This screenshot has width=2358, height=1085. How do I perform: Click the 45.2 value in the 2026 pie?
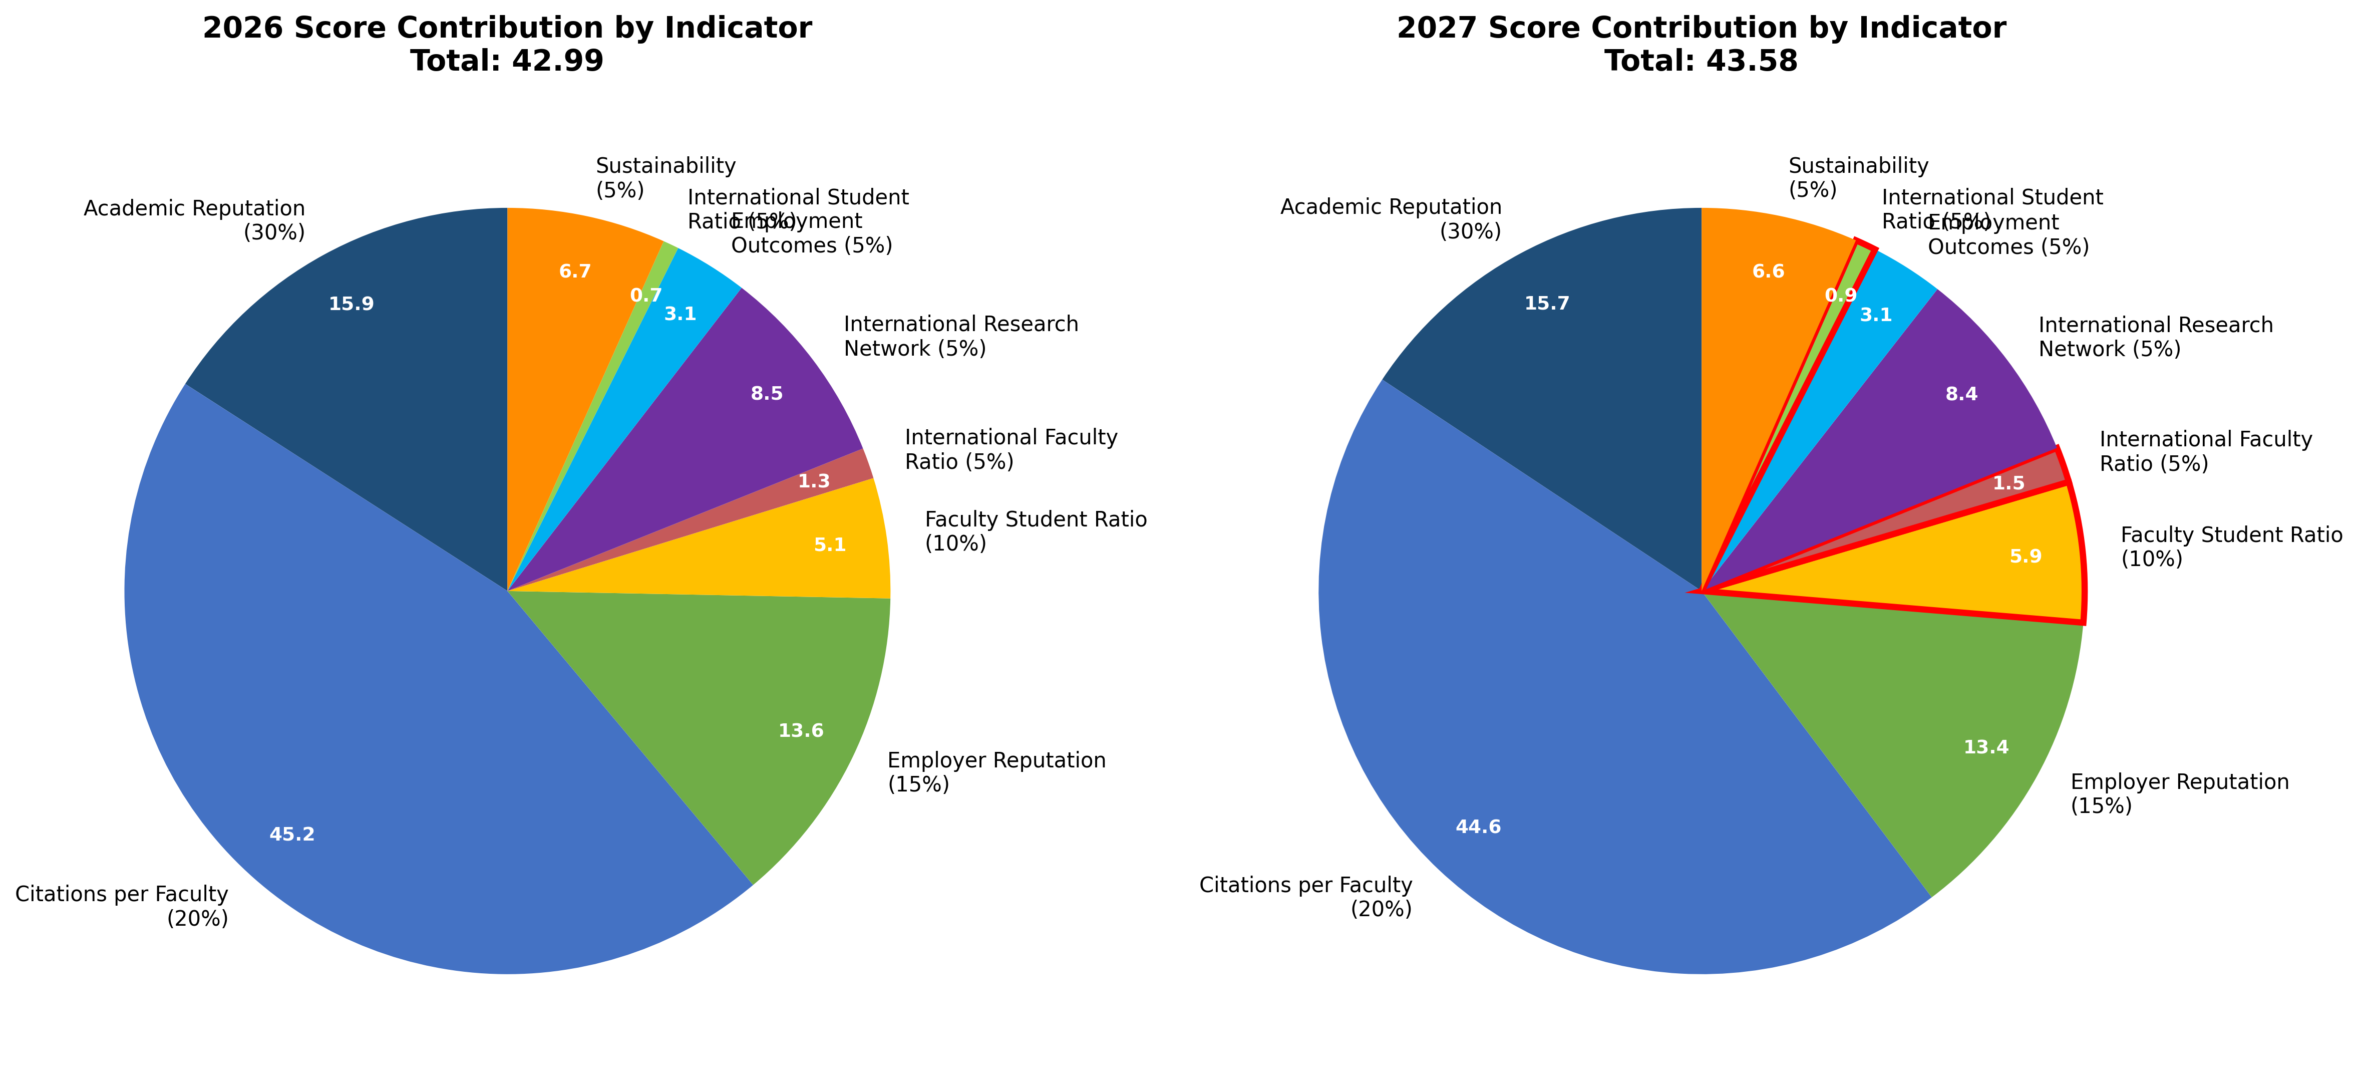click(x=292, y=834)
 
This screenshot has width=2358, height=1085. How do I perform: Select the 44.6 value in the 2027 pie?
click(x=1478, y=828)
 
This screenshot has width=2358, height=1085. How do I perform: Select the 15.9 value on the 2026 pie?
click(x=352, y=304)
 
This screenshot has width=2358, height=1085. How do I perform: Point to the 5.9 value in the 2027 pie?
click(x=2025, y=557)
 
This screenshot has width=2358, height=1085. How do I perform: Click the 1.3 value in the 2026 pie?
click(x=814, y=481)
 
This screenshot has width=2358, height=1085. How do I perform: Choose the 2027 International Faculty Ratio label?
click(x=2205, y=451)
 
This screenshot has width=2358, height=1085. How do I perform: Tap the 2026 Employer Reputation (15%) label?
click(x=996, y=772)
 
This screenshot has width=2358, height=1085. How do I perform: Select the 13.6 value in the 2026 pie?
click(x=801, y=731)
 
